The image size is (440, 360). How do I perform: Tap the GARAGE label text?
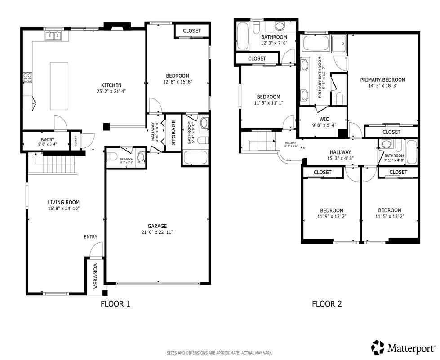click(x=157, y=226)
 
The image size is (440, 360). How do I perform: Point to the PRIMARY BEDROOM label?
click(x=382, y=80)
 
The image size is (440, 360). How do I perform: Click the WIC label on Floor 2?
click(x=324, y=120)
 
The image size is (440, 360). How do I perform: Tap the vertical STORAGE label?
click(x=173, y=133)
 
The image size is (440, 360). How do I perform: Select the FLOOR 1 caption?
click(x=115, y=304)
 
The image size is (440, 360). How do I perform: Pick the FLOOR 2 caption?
click(x=327, y=304)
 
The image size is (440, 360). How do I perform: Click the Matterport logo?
click(x=403, y=347)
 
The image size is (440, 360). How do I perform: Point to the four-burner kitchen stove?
click(x=27, y=77)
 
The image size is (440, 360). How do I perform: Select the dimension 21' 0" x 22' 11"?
click(x=157, y=232)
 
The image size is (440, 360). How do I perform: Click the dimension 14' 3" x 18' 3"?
click(x=382, y=85)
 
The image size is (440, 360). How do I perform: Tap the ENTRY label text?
click(x=90, y=237)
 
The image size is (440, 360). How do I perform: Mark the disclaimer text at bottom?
click(x=219, y=353)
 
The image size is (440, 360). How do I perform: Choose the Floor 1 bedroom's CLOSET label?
click(x=192, y=31)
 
